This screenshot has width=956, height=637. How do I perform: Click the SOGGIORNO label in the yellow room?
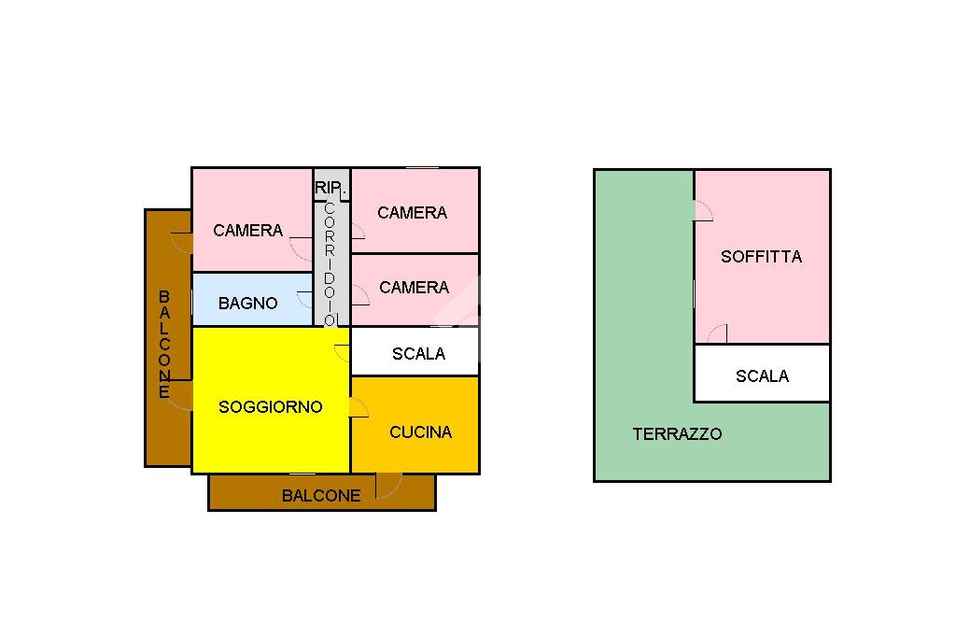coord(270,407)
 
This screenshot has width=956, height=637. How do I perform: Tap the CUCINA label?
coord(420,432)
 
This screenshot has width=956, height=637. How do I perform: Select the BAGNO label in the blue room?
coord(247,304)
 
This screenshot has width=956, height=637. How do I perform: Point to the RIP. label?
coord(330,188)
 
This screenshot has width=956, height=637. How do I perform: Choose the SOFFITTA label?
coord(761,257)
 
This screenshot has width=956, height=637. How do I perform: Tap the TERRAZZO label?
coord(677,434)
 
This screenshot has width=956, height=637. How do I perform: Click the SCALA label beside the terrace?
coord(762,376)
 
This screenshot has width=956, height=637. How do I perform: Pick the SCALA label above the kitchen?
coord(418,354)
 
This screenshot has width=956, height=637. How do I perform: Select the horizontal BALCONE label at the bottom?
coord(321,496)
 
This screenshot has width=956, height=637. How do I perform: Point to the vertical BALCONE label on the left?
coord(164,345)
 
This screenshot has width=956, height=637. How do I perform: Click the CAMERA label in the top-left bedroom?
coord(247,231)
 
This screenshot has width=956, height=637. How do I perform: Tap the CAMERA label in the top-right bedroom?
coord(412,213)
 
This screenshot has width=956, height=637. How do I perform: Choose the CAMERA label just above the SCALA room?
coord(414,288)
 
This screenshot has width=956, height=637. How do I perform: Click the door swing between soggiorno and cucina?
coord(358,407)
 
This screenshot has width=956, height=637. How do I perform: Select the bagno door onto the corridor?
coord(304,299)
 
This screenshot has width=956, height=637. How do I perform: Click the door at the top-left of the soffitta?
coord(702,211)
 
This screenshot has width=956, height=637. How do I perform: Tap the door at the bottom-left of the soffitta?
coord(717,333)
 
